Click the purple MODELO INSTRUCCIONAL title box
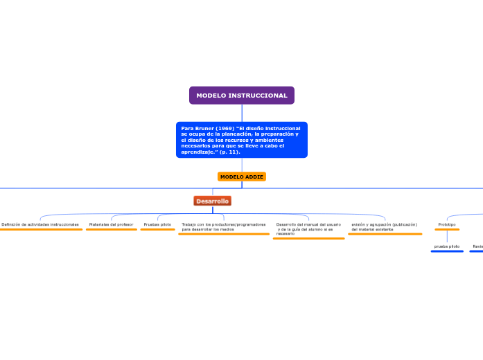(x=241, y=96)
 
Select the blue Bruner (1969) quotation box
(x=241, y=140)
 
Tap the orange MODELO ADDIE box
(x=241, y=177)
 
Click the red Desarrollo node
(x=212, y=201)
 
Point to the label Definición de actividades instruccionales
(x=40, y=224)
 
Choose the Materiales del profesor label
(x=111, y=224)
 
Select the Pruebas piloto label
(x=157, y=224)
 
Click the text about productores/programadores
(x=223, y=226)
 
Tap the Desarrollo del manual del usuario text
(x=308, y=228)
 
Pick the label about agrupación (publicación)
(x=384, y=226)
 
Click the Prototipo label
(x=446, y=224)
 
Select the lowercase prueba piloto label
(x=446, y=246)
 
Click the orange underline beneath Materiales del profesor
(x=111, y=230)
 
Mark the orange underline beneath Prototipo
(x=446, y=230)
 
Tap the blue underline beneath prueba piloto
(x=446, y=251)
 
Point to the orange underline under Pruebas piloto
(x=157, y=230)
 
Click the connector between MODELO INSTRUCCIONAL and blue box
(x=242, y=113)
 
